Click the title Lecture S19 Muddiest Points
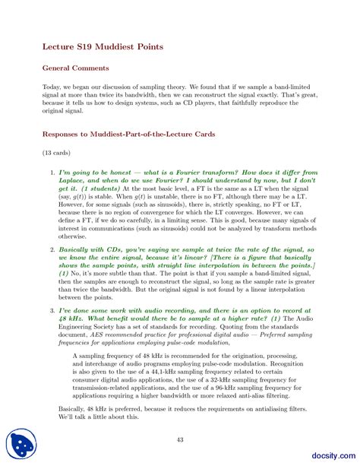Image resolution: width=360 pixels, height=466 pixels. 102,47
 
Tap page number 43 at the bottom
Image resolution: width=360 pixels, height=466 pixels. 180,439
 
